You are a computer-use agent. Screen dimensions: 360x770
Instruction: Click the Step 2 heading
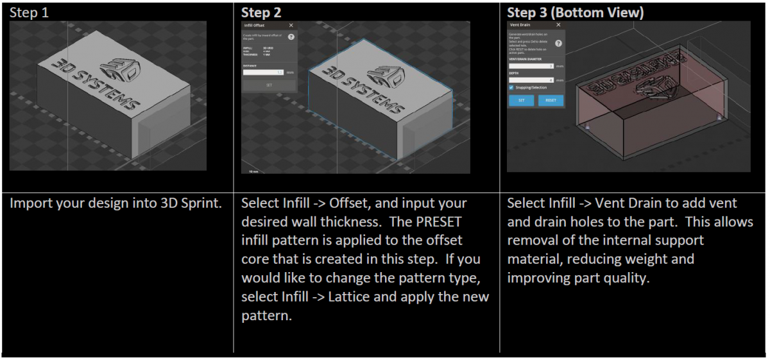pos(261,12)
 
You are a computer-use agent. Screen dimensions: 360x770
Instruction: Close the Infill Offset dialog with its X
pos(291,26)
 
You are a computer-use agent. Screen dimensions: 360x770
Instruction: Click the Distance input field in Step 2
pos(264,73)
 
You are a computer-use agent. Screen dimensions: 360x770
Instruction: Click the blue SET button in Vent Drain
pos(521,101)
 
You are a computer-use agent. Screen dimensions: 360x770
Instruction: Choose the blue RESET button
pos(551,101)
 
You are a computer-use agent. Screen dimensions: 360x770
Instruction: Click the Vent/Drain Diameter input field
pos(532,65)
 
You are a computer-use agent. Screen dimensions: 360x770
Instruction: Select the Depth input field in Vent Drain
pos(532,80)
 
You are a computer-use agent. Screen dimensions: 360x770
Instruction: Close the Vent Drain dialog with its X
pos(558,24)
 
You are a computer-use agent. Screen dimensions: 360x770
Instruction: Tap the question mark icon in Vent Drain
pos(558,43)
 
